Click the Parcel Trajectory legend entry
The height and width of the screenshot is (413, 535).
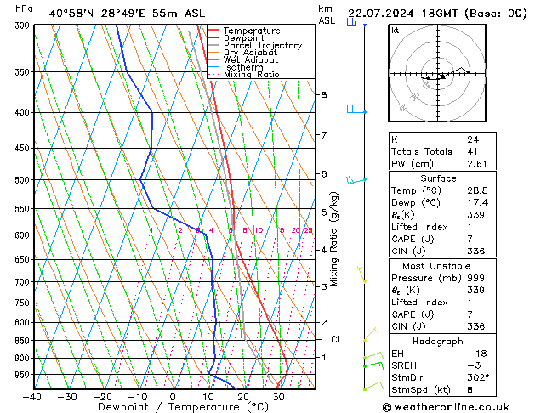click(x=262, y=45)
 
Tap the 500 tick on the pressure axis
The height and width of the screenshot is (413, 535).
click(x=19, y=180)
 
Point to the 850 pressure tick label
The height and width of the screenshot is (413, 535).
click(x=19, y=341)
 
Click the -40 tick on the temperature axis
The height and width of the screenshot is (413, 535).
click(x=32, y=396)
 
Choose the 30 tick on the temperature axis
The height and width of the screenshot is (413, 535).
click(x=278, y=396)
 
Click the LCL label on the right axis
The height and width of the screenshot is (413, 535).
click(x=333, y=339)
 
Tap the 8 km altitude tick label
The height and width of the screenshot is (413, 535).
click(x=323, y=94)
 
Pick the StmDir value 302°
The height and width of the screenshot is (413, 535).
click(x=480, y=377)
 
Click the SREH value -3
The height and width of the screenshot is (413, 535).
click(x=473, y=365)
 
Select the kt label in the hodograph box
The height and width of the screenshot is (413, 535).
click(x=396, y=30)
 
